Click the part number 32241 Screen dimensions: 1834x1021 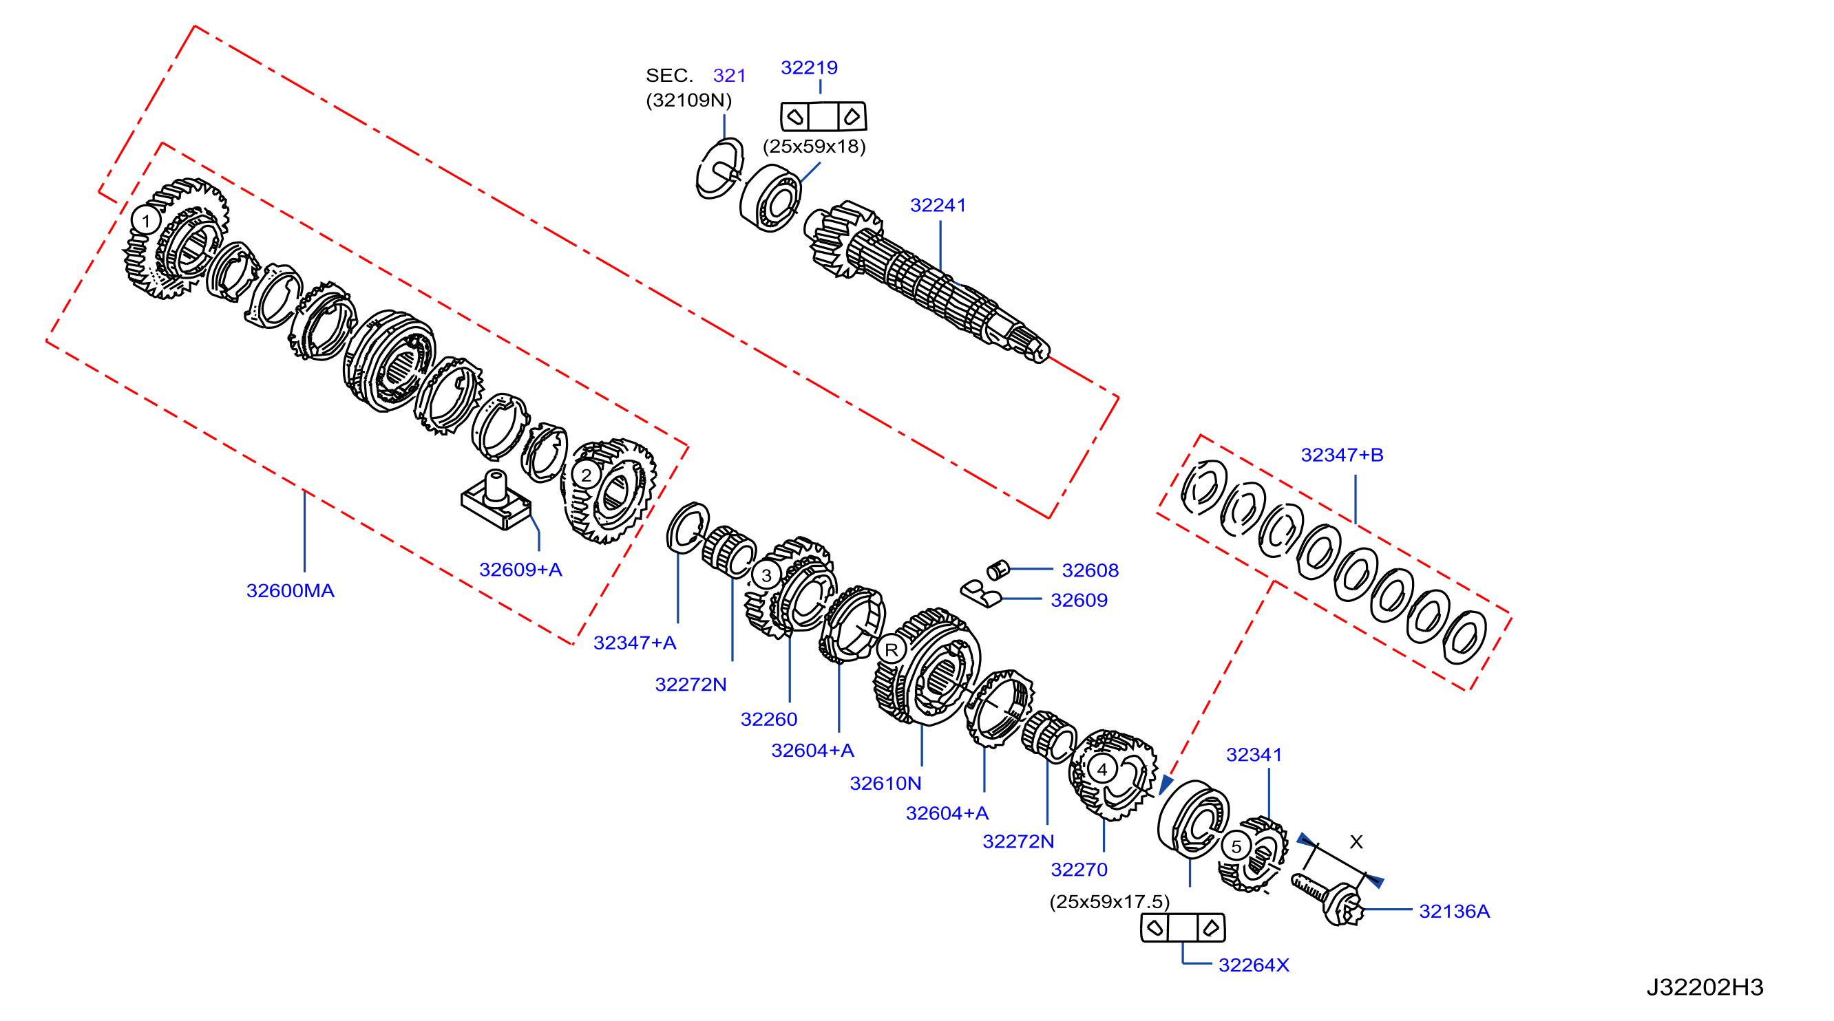click(x=938, y=206)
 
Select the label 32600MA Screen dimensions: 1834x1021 click(x=290, y=590)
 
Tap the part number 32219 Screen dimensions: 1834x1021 click(x=809, y=67)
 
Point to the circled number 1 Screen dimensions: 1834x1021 click(x=146, y=220)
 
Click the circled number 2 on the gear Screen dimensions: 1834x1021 click(x=586, y=475)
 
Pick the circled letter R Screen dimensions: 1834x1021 click(x=892, y=649)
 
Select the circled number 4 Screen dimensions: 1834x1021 click(x=1102, y=769)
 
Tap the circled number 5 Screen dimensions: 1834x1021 click(x=1236, y=847)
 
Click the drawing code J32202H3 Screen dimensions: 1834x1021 click(x=1705, y=987)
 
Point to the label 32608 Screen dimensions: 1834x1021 click(x=1090, y=570)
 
